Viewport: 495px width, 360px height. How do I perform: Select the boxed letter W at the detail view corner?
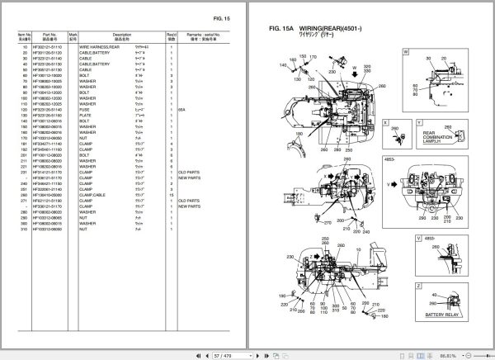coord(406,52)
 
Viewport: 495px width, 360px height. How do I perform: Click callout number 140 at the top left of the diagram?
coord(283,58)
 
